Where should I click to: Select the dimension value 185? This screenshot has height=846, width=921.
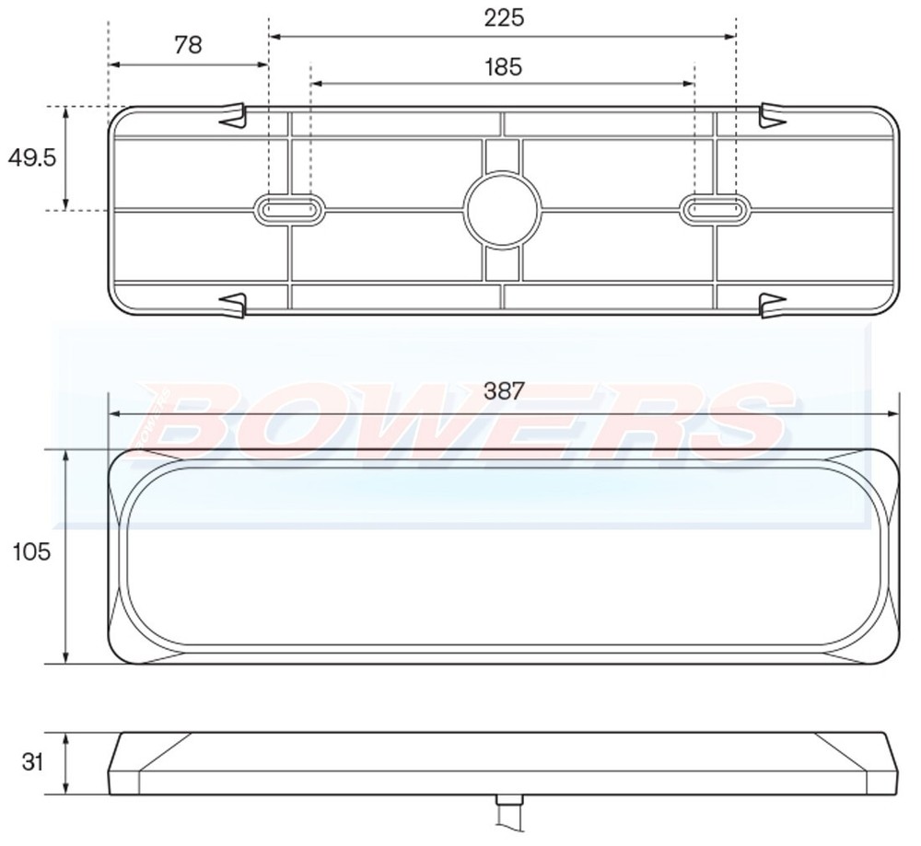click(502, 66)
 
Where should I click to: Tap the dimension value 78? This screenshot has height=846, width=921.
click(188, 44)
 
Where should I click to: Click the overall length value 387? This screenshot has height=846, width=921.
click(504, 392)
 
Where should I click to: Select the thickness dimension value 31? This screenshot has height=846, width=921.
click(32, 763)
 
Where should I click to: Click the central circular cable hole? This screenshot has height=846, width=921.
click(502, 209)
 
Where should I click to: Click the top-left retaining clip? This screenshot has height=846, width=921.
click(234, 116)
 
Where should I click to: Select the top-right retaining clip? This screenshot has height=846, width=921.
click(772, 116)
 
